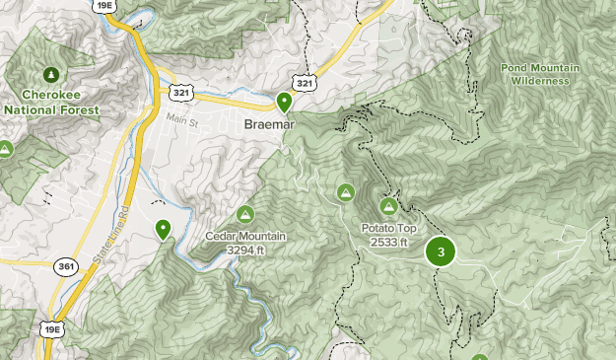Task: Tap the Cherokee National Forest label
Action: point(50,103)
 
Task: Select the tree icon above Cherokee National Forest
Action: point(50,74)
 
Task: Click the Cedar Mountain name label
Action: point(245,236)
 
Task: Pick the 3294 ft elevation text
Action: point(245,250)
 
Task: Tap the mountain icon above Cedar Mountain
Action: point(245,214)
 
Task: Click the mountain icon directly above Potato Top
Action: point(389,207)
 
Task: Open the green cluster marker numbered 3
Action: point(441,252)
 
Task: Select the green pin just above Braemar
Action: point(284,101)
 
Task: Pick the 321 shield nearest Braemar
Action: point(305,84)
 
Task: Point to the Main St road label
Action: point(181,121)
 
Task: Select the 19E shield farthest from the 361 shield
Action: point(103,6)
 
